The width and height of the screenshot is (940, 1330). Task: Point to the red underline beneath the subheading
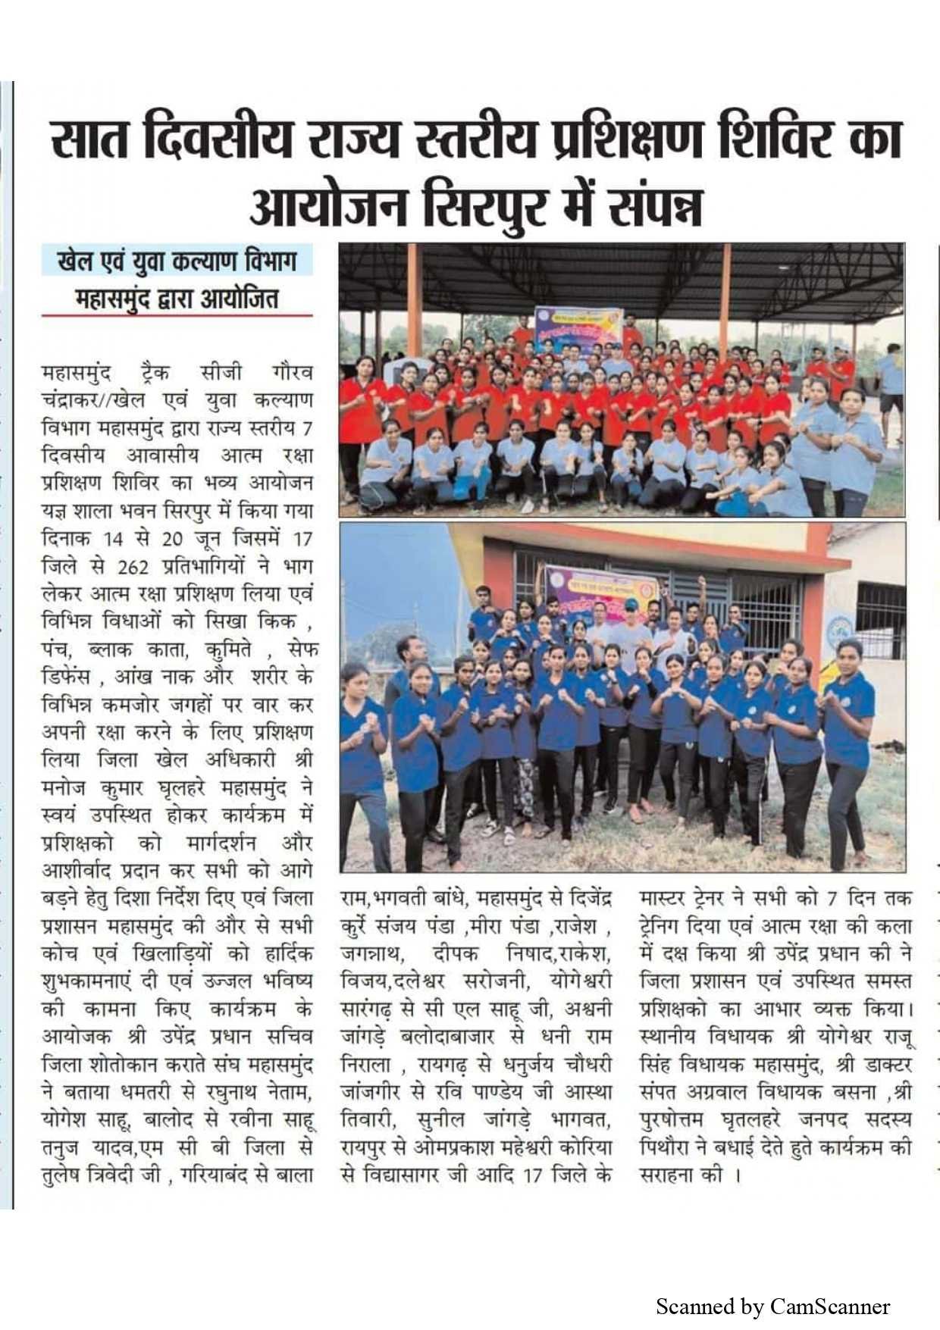tap(177, 315)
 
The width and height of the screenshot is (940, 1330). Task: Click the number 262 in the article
tap(133, 567)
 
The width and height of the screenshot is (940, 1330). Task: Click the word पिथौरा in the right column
tap(665, 1147)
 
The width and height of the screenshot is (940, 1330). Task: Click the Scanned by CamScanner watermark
tap(772, 1307)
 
